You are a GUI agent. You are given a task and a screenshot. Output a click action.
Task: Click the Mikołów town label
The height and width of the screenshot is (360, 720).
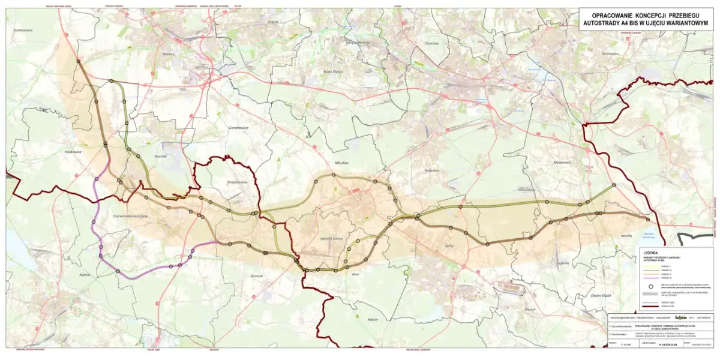pyautogui.click(x=341, y=163)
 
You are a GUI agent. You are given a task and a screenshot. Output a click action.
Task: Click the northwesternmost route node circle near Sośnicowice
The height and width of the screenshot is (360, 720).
pyautogui.click(x=79, y=61)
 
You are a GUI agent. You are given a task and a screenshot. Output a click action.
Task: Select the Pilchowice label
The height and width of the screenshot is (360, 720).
pyautogui.click(x=73, y=152)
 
